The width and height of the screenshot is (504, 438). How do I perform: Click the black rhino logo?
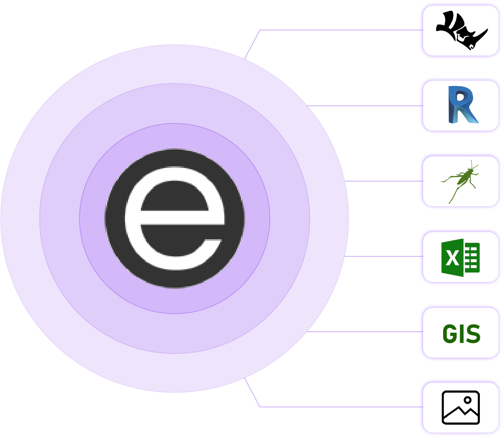coord(461,30)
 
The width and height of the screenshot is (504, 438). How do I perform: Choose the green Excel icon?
coord(460,257)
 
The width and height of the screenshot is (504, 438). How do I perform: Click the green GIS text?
coord(461,333)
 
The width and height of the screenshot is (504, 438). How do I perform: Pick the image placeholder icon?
coord(461,407)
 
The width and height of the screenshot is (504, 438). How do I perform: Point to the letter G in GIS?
coord(449,333)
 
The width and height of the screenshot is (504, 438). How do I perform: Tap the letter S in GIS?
coord(473,333)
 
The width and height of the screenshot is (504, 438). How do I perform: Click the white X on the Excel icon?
coord(452,258)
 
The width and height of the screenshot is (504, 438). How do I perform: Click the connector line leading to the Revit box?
coord(363,106)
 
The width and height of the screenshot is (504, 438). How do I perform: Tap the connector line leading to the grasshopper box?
coord(381,181)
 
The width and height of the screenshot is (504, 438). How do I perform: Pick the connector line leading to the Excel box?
coord(381,256)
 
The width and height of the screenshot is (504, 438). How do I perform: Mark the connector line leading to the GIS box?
coord(363,332)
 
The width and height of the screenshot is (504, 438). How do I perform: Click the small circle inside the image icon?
coord(467,400)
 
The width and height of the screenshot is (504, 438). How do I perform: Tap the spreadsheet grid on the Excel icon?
coord(472,258)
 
